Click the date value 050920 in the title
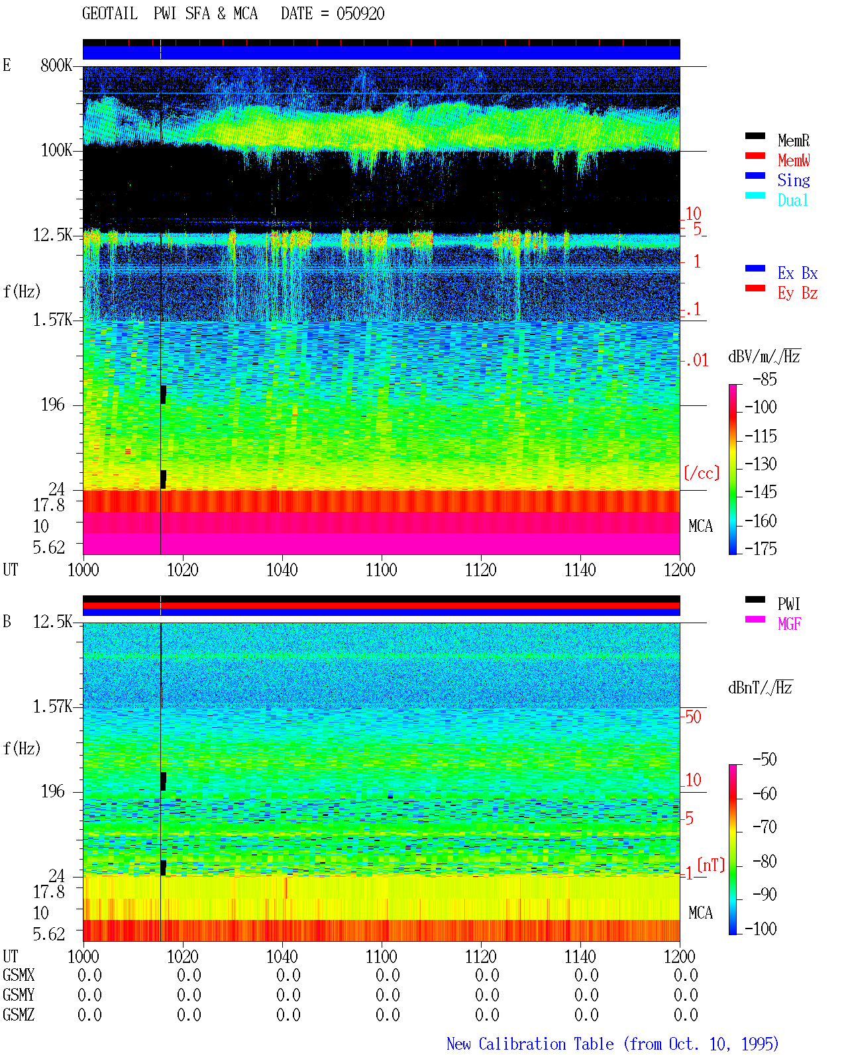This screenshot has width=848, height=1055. [360, 14]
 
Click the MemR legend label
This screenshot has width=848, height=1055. [793, 140]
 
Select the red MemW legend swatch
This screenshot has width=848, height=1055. [755, 156]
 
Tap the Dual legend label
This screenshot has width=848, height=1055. [792, 200]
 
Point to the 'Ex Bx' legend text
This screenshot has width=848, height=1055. [797, 273]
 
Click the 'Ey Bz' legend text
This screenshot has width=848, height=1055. [797, 293]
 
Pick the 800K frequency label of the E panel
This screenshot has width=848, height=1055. [56, 65]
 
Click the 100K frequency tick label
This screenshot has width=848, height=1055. [56, 150]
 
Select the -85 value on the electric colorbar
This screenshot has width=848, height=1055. [765, 379]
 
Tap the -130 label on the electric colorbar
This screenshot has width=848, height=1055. [761, 464]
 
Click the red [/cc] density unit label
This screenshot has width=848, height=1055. [702, 473]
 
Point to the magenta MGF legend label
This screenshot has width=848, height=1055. [789, 624]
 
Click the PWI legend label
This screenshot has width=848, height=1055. [788, 603]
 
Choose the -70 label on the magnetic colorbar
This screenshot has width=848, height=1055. [765, 827]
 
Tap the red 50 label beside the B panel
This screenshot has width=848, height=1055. [693, 717]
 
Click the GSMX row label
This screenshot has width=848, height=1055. [19, 974]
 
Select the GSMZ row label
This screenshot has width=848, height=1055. [19, 1014]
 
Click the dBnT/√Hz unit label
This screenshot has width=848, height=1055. [760, 687]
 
